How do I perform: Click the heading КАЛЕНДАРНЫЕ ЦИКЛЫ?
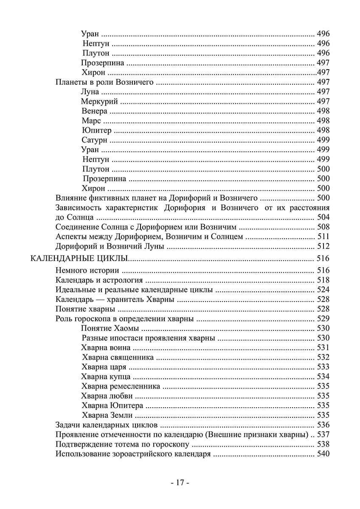point(80,258)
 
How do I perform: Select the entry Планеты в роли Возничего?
point(104,82)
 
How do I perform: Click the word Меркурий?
point(99,101)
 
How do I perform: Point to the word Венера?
point(94,111)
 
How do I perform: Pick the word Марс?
point(91,121)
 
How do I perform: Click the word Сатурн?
point(94,140)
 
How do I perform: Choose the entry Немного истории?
point(87,270)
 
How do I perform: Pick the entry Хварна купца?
point(106,377)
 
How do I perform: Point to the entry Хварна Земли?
point(107,415)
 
